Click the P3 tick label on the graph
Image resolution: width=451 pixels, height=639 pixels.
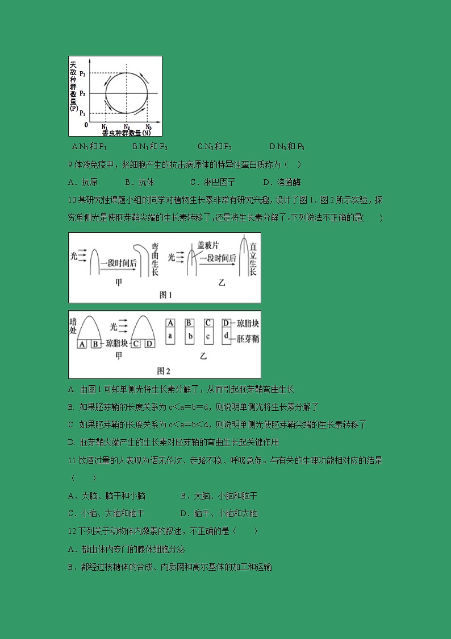[82, 73]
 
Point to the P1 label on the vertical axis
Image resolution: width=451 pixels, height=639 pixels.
[82, 114]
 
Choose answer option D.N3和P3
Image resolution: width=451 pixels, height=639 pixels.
[287, 147]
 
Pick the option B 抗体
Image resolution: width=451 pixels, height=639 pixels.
[139, 183]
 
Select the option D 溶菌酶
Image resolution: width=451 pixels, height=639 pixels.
[282, 183]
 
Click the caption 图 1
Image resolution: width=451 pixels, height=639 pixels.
[165, 295]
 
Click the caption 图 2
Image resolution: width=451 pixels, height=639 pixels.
[164, 371]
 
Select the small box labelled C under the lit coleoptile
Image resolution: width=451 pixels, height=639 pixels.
[137, 344]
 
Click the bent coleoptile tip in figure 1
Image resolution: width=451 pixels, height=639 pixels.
[141, 248]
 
